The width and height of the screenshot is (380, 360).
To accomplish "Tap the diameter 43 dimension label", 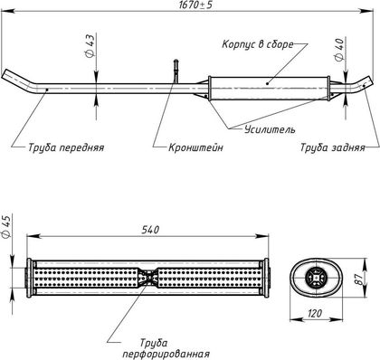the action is (90, 45).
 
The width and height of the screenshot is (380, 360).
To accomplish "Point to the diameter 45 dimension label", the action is (6, 227).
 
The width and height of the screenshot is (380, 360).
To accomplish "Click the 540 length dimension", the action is (150, 230).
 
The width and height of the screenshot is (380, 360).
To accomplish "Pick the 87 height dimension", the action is (359, 279).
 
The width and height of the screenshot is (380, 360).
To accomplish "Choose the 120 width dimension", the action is (315, 314).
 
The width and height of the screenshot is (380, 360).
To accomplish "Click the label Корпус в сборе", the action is (258, 44).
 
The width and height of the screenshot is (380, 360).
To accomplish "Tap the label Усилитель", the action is (270, 129).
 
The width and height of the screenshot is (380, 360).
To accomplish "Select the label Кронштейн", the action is (195, 147).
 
